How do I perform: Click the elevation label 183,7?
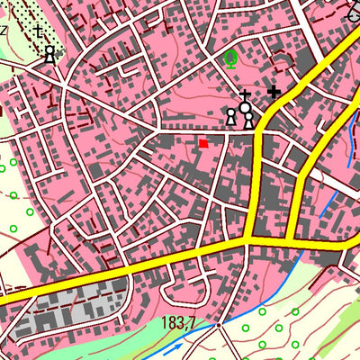click(179, 322)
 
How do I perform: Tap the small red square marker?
click(203, 142)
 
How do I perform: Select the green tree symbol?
click(230, 60)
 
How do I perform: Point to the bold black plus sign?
click(274, 91)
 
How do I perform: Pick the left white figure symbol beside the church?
click(230, 117)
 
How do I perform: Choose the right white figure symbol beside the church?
click(248, 121)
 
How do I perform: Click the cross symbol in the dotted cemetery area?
click(37, 32)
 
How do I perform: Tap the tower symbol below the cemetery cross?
click(49, 54)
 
